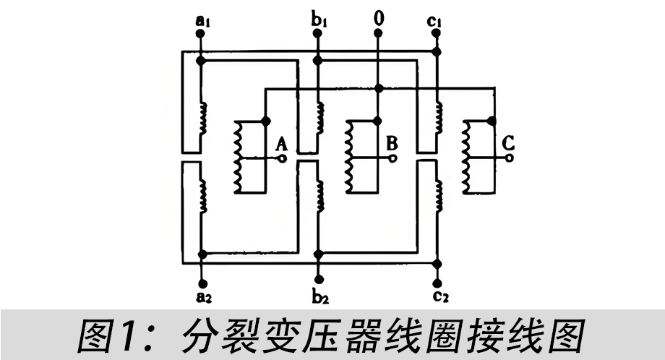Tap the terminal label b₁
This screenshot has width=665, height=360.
click(318, 17)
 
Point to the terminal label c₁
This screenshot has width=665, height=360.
click(434, 17)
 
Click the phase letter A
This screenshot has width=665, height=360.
click(280, 142)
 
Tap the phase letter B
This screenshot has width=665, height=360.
click(392, 142)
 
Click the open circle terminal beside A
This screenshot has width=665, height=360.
click(283, 158)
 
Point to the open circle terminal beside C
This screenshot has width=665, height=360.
click(510, 158)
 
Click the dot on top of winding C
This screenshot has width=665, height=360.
click(493, 120)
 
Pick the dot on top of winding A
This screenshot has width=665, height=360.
click(266, 120)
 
